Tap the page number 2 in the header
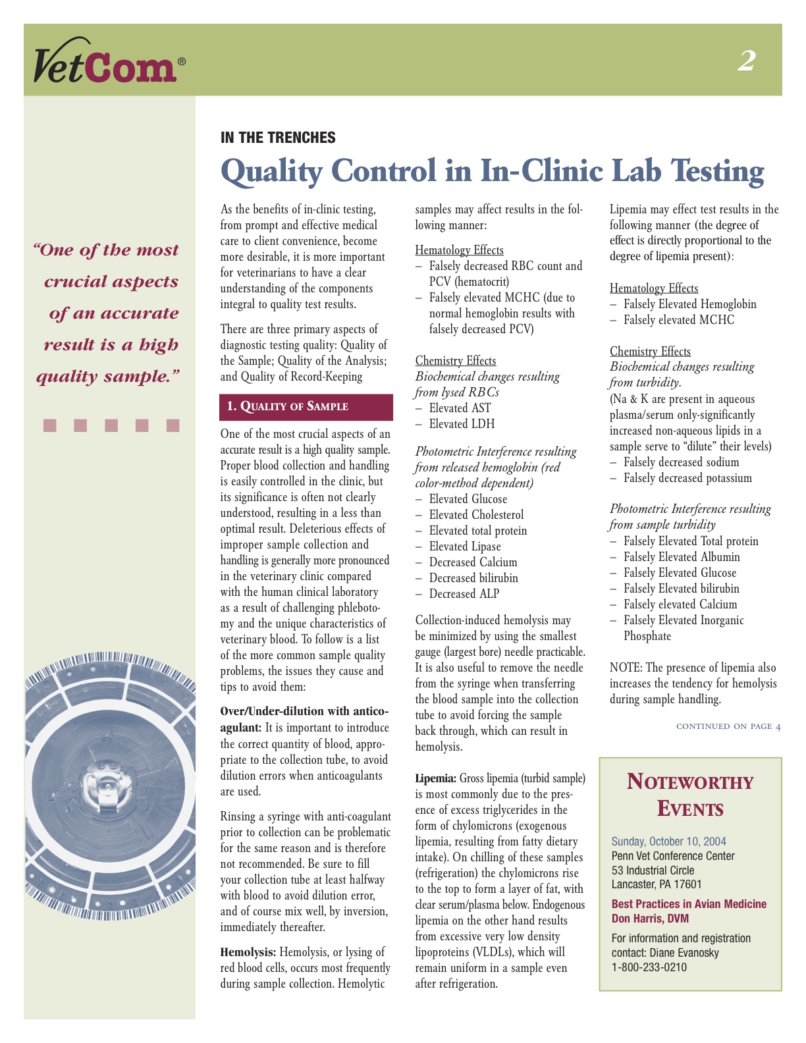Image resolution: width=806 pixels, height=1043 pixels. [x=746, y=61]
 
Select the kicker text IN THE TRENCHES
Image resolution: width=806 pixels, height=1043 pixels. [x=278, y=138]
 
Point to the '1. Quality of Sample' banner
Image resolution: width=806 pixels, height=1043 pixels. [x=306, y=406]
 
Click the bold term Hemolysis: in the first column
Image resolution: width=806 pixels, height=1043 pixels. [x=248, y=952]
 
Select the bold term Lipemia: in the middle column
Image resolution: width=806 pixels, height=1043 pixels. [x=435, y=778]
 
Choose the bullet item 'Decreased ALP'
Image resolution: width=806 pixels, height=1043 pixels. [x=464, y=594]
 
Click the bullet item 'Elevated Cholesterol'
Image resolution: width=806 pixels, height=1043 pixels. [x=476, y=515]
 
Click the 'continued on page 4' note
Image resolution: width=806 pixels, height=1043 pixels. [x=728, y=726]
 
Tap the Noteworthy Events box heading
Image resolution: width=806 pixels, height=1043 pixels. [x=690, y=795]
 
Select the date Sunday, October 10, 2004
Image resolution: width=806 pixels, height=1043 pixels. [x=668, y=842]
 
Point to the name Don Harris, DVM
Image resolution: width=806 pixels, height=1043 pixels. [x=650, y=919]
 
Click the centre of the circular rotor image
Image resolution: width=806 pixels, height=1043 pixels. [x=107, y=784]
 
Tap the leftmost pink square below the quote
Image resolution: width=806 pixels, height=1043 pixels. [x=50, y=425]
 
